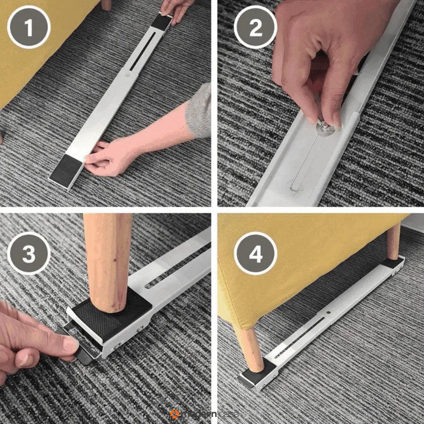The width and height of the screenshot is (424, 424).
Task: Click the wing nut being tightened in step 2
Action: point(325,124)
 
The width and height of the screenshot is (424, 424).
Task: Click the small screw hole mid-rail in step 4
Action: point(329,313)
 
